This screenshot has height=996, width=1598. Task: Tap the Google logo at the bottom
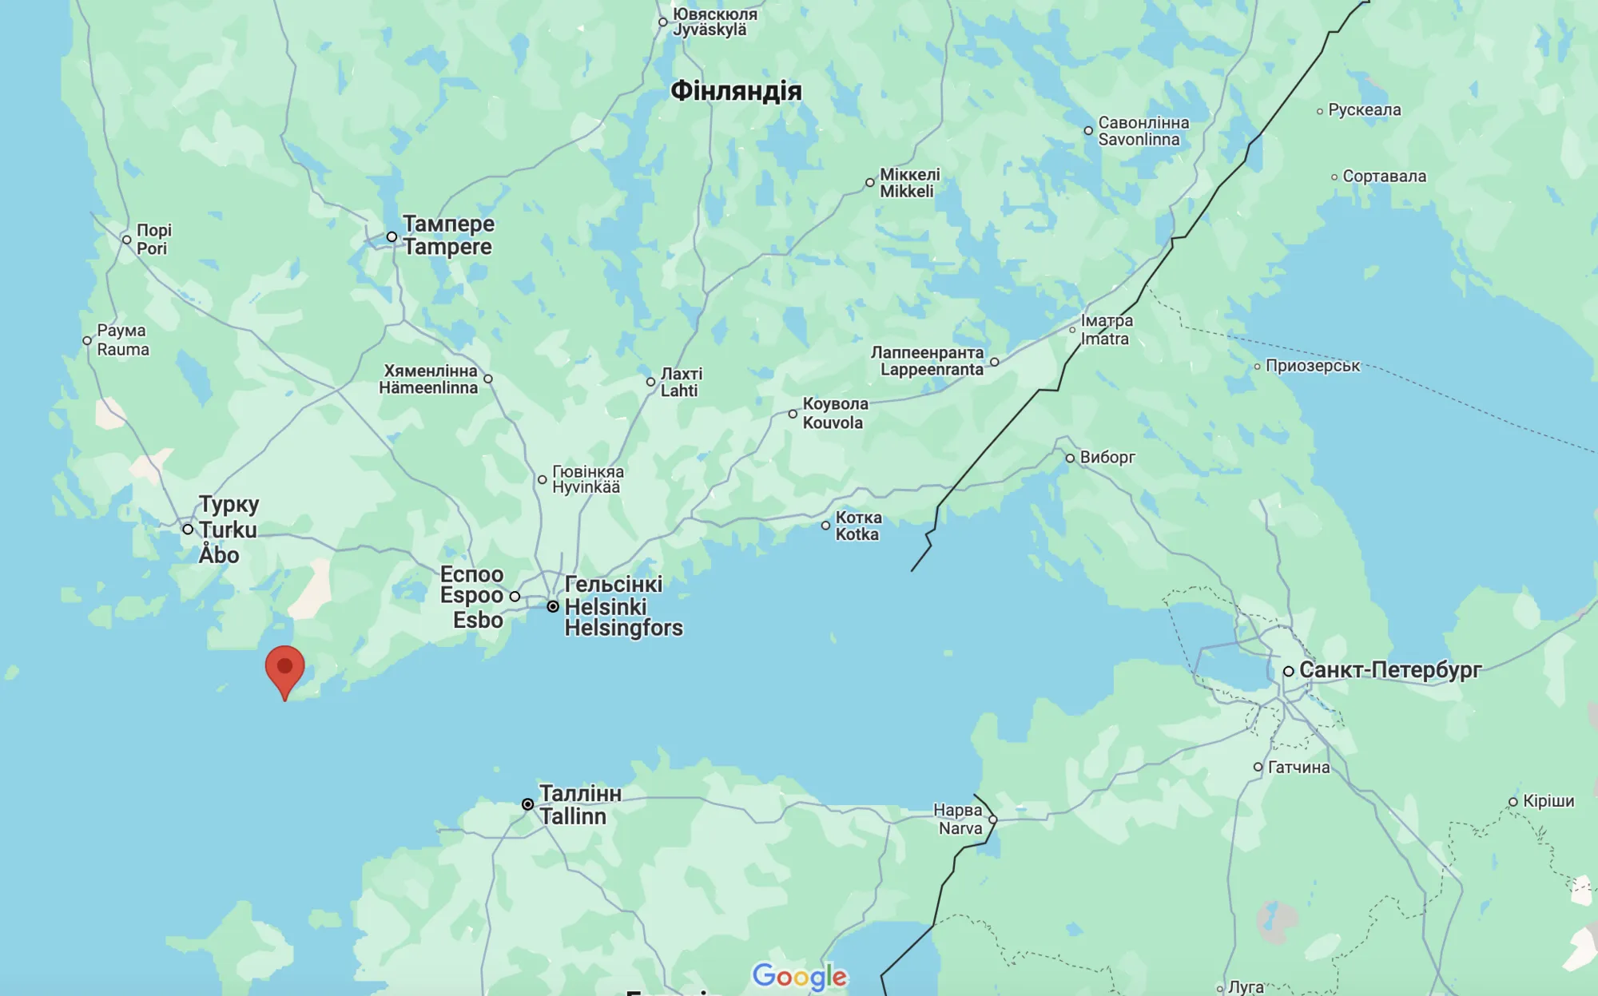[x=799, y=976]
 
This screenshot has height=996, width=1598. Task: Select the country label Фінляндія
[x=736, y=91]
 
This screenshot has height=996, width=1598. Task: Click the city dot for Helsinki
[x=553, y=607]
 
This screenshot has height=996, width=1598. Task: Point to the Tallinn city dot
[x=527, y=804]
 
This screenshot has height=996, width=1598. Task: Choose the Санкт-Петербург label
[x=1390, y=670]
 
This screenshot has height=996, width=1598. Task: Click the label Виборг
[x=1107, y=458]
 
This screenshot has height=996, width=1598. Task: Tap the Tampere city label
[x=447, y=236]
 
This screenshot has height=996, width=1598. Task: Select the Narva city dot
[x=993, y=819]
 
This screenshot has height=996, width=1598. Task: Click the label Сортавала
[x=1384, y=177]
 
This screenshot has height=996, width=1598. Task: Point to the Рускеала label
[x=1364, y=110]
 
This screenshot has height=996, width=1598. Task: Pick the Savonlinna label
[x=1143, y=131]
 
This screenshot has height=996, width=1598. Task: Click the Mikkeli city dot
[x=870, y=183]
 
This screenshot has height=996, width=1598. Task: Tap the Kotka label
[x=858, y=526]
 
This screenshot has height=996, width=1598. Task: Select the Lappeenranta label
[x=928, y=361]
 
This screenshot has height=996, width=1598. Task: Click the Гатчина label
[x=1298, y=768]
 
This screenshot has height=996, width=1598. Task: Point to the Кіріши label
[x=1548, y=801]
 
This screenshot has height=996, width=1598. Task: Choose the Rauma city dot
[x=87, y=340]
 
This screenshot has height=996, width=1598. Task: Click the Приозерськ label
[x=1312, y=366]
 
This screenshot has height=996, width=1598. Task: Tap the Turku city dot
[x=188, y=530]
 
